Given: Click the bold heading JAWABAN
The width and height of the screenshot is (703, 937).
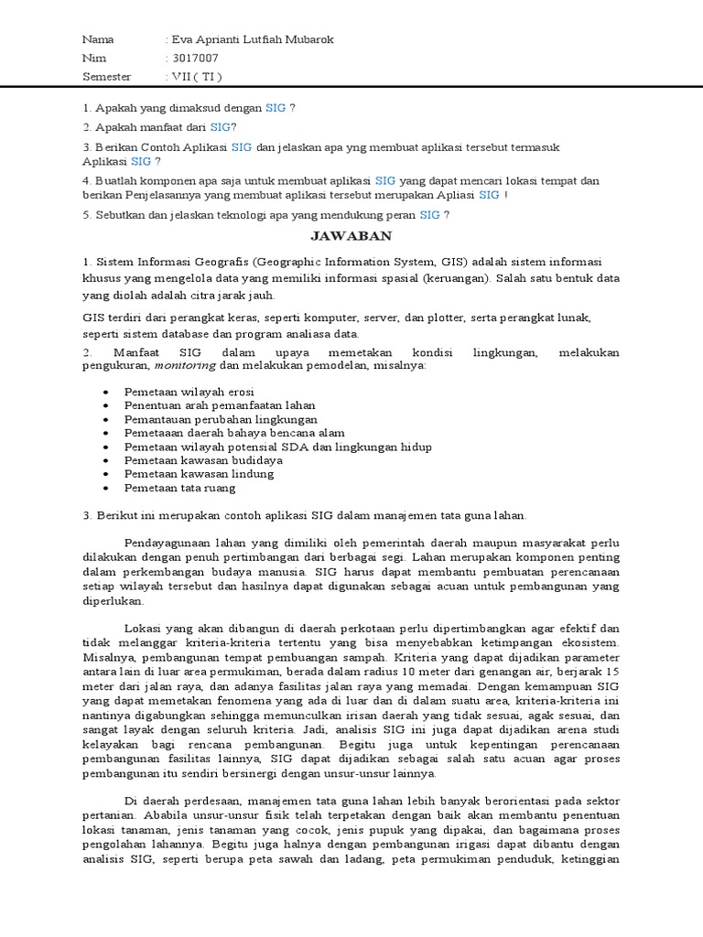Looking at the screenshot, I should tap(351, 236).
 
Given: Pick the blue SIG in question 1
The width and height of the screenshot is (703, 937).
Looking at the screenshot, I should tap(276, 108).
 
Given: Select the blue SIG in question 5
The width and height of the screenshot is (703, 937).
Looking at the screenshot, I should tap(429, 215).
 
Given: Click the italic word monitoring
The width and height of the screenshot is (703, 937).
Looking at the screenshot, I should tap(185, 366).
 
